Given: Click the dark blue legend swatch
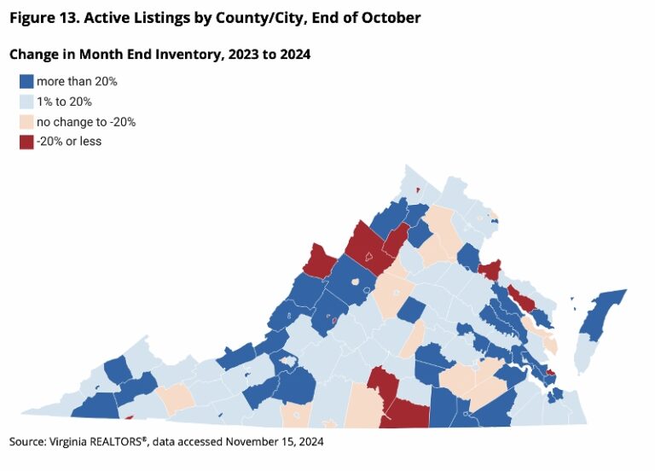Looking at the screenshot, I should pyautogui.click(x=27, y=82).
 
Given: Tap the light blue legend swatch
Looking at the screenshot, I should pyautogui.click(x=27, y=102).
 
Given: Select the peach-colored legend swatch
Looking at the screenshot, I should pyautogui.click(x=27, y=121).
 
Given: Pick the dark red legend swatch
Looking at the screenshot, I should pyautogui.click(x=27, y=141).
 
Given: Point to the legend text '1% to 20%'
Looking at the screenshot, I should pyautogui.click(x=71, y=102).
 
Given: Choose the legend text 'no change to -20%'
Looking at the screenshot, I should pyautogui.click(x=92, y=121).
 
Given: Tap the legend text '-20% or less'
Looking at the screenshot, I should pyautogui.click(x=75, y=141).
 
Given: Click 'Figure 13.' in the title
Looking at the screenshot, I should pyautogui.click(x=45, y=17).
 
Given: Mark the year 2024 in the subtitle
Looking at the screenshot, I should pyautogui.click(x=293, y=55).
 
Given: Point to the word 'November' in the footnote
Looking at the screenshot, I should pyautogui.click(x=254, y=442).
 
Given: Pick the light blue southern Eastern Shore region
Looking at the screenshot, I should pyautogui.click(x=583, y=354).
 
